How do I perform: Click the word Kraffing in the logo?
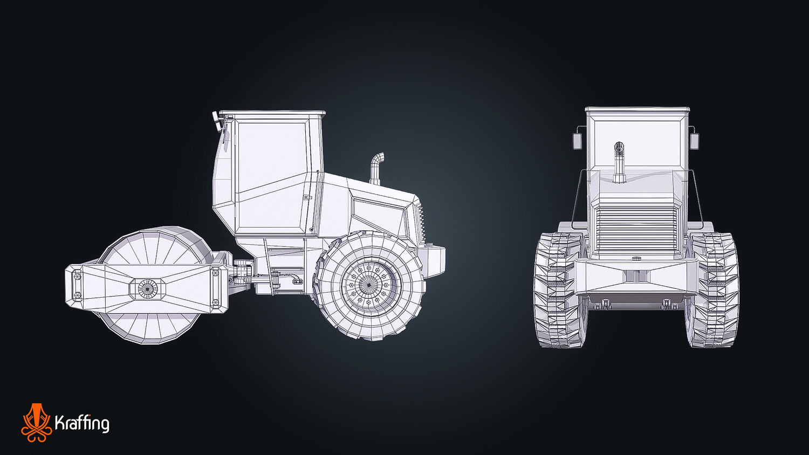pos(82,423)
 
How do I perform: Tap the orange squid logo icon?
pos(36,423)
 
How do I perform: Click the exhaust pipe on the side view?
pos(376,169)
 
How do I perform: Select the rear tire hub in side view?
pos(368,285)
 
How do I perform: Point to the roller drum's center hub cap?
pos(148,288)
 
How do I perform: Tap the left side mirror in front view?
pos(577,141)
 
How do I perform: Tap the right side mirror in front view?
pos(694,141)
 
